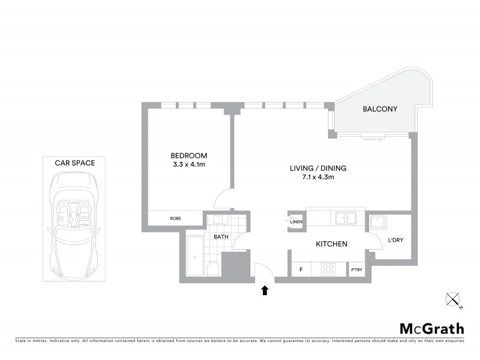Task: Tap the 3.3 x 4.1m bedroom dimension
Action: [188, 164]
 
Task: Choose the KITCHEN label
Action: [332, 244]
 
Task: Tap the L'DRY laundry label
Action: [395, 240]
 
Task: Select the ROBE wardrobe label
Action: [175, 218]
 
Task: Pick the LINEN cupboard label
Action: [296, 223]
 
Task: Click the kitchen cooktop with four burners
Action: [329, 269]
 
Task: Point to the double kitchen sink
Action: [346, 218]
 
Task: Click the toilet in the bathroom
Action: [212, 268]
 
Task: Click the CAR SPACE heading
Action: [75, 162]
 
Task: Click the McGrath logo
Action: [432, 328]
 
